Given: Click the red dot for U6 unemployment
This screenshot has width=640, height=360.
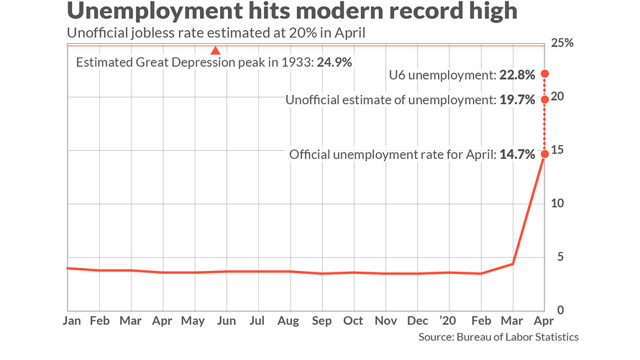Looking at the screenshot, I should (545, 73).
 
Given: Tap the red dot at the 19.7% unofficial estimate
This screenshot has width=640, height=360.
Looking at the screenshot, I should (545, 99).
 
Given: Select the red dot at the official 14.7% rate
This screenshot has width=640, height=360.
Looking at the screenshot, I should (545, 154).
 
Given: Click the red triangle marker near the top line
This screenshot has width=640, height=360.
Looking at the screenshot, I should (214, 50).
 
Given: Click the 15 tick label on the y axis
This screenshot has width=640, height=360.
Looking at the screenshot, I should (559, 150).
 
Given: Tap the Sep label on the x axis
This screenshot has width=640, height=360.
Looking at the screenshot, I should (322, 320).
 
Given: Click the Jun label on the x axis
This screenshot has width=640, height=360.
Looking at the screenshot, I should (227, 320).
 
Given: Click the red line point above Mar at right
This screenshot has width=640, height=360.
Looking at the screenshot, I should (512, 264).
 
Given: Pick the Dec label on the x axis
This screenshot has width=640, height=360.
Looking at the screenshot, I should (418, 320).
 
